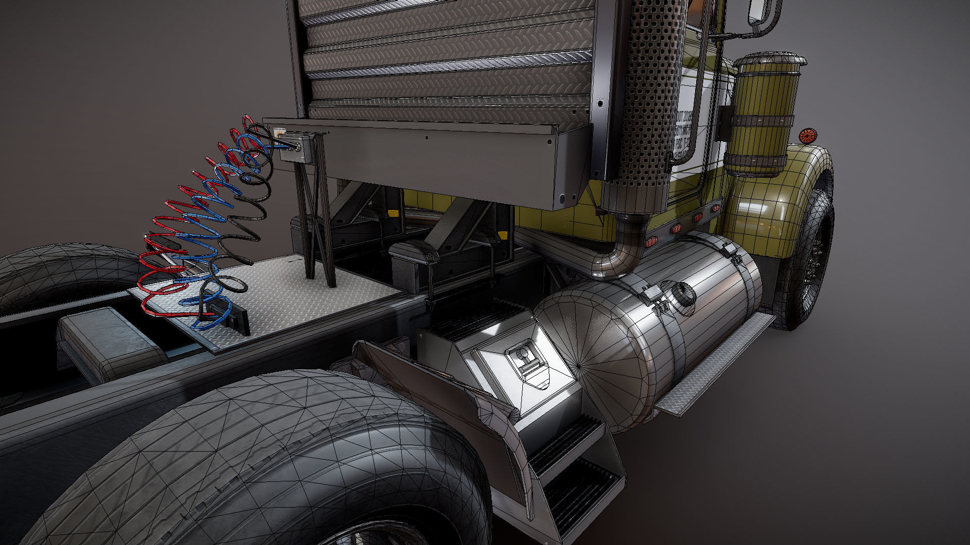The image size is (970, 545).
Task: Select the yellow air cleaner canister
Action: click(x=763, y=116)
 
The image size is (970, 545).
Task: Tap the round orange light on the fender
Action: click(x=807, y=136)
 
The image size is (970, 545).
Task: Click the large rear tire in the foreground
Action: click(x=263, y=464)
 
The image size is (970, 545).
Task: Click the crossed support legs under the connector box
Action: click(x=316, y=222)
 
